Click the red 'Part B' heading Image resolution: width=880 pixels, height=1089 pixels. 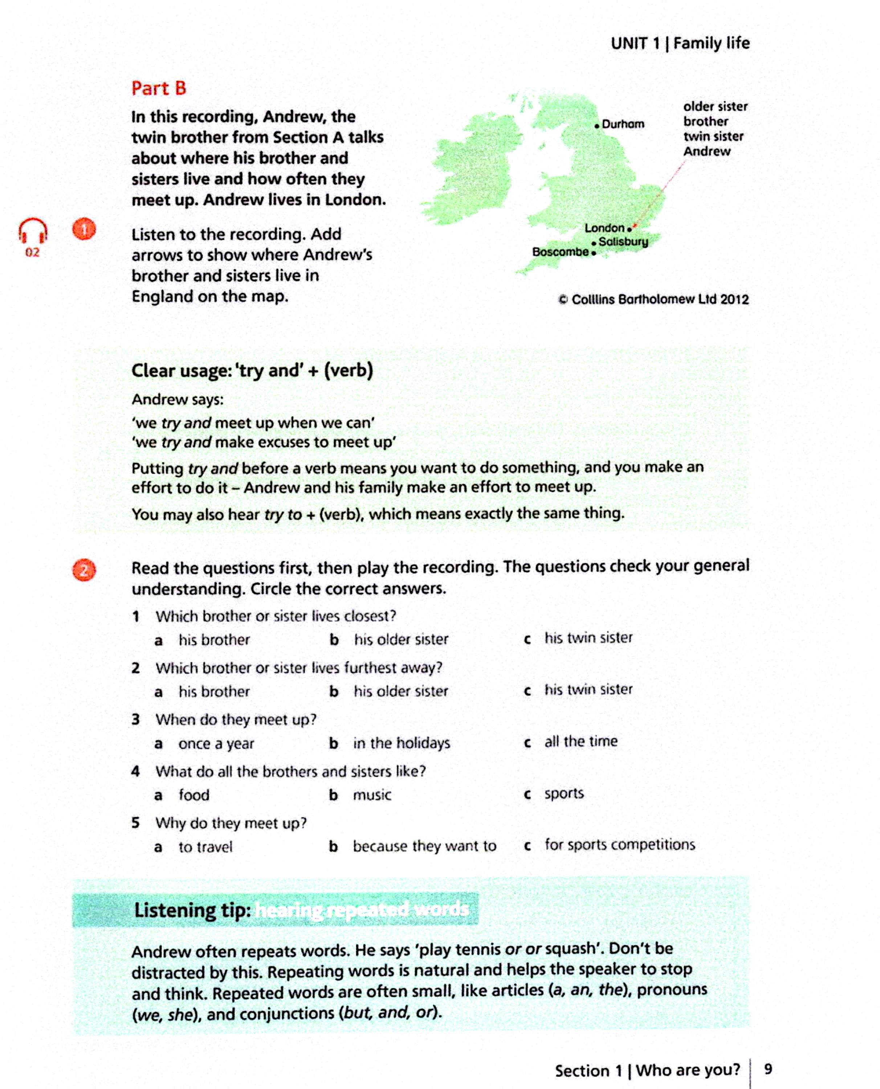[x=159, y=88]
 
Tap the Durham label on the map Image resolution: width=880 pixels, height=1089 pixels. [x=623, y=124]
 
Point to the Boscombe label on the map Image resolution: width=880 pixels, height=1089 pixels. [x=560, y=252]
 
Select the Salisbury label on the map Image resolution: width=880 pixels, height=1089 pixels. [x=623, y=242]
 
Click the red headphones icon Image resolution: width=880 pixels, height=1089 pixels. [x=33, y=231]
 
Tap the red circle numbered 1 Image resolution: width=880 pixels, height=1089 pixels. [x=84, y=229]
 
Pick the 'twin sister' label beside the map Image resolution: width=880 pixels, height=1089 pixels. [x=713, y=136]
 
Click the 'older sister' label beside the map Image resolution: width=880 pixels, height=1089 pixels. [x=715, y=106]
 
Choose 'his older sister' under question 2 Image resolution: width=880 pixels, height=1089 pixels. [x=400, y=691]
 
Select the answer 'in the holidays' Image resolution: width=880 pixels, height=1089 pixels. [x=402, y=743]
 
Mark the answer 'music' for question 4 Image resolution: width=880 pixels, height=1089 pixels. [x=372, y=795]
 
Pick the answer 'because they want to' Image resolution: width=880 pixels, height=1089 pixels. [x=424, y=846]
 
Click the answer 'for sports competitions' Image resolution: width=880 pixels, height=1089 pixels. [x=619, y=844]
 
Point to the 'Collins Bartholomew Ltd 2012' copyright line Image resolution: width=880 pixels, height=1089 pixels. [x=653, y=299]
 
